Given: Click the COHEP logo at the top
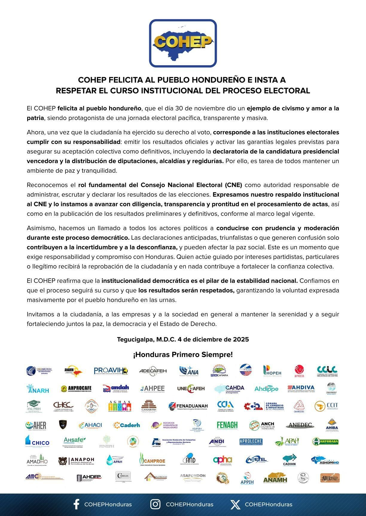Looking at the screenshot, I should pyautogui.click(x=183, y=43).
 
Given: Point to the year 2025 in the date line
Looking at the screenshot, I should pyautogui.click(x=241, y=339).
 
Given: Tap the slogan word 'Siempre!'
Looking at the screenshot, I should pyautogui.click(x=219, y=355).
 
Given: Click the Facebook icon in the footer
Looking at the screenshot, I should pyautogui.click(x=76, y=504).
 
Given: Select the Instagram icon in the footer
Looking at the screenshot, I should pyautogui.click(x=155, y=504).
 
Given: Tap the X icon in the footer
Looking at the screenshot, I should pyautogui.click(x=235, y=504).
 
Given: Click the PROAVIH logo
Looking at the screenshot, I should pyautogui.click(x=111, y=371).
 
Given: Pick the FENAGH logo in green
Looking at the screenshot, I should pyautogui.click(x=227, y=425).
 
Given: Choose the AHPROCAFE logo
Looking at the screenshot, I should pyautogui.click(x=76, y=388).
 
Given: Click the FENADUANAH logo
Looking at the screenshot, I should pyautogui.click(x=188, y=406).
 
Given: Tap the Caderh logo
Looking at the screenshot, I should pyautogui.click(x=126, y=425).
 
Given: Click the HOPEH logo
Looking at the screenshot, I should pyautogui.click(x=272, y=371).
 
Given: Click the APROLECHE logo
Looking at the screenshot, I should pyautogui.click(x=251, y=441).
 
